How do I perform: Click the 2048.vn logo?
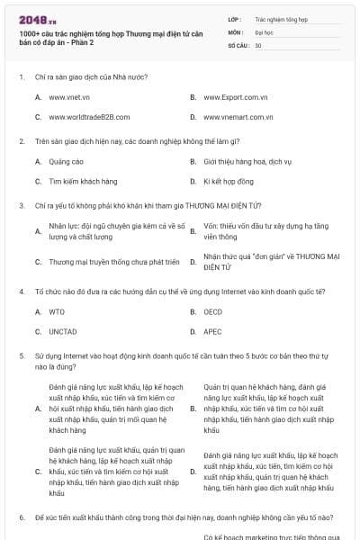37,17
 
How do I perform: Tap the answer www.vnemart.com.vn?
238,116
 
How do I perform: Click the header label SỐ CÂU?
238,44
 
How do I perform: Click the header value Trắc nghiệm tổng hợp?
279,18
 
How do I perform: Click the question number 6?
21,517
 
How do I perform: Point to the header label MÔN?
236,31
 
